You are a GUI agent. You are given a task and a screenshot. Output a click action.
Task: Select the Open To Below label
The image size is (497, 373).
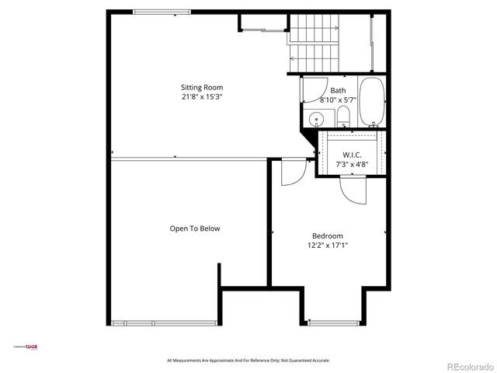coord(195,228)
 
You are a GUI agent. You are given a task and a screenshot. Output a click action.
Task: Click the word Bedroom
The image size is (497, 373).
coord(327,236)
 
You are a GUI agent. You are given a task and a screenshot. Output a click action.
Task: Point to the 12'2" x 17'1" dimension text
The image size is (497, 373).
coord(327,246)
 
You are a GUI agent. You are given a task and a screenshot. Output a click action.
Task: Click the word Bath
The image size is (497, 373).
coord(338,91)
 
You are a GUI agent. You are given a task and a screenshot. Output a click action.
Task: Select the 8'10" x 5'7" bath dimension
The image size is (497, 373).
coord(338,100)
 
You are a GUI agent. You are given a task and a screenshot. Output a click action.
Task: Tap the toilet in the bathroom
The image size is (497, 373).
coord(343,118)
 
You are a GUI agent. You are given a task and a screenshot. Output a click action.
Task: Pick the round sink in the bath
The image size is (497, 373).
coord(315,120)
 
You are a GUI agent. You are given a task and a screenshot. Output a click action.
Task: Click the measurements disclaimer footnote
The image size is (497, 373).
coord(248,361)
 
